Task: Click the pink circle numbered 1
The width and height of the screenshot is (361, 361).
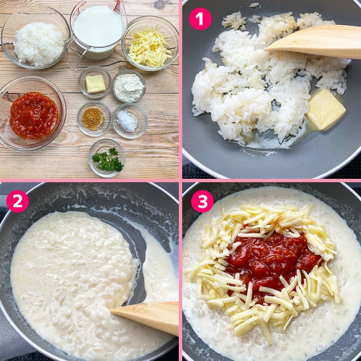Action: pos(200,19)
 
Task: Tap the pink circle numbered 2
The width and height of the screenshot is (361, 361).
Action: pos(18,201)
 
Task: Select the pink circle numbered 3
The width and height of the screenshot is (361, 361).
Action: pos(202,201)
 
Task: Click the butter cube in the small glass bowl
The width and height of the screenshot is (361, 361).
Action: pos(95,84)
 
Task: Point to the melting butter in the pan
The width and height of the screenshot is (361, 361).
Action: pos(325,109)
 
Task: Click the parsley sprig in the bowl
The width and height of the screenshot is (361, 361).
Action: pos(108,159)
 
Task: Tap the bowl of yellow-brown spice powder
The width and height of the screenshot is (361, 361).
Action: pos(94,119)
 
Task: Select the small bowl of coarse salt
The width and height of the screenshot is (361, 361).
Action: pos(130,121)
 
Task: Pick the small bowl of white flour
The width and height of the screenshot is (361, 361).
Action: pos(129,86)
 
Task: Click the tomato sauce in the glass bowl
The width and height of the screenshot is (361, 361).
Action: pos(34,116)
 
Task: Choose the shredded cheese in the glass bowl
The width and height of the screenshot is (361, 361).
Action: pos(149,47)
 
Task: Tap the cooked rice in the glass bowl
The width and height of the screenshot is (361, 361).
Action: pos(39,44)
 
